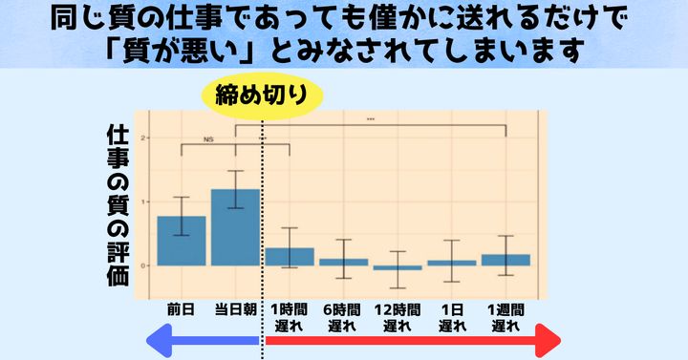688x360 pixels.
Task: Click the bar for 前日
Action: tap(181, 241)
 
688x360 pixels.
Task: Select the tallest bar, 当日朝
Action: tap(235, 227)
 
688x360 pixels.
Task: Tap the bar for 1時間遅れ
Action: tap(289, 256)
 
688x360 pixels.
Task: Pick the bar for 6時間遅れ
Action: tap(343, 262)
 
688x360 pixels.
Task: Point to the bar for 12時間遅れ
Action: tap(397, 267)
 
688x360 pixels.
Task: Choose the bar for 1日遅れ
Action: tap(451, 263)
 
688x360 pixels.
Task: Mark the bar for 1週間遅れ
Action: tap(505, 260)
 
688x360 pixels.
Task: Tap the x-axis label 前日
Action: tap(181, 310)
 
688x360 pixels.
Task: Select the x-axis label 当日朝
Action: tap(234, 310)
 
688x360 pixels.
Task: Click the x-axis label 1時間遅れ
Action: tap(289, 317)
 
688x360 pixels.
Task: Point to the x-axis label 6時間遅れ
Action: tap(343, 317)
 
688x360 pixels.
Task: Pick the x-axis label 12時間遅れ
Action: tap(397, 317)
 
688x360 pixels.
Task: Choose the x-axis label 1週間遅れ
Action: tap(505, 317)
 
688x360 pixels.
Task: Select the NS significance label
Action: tap(208, 139)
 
